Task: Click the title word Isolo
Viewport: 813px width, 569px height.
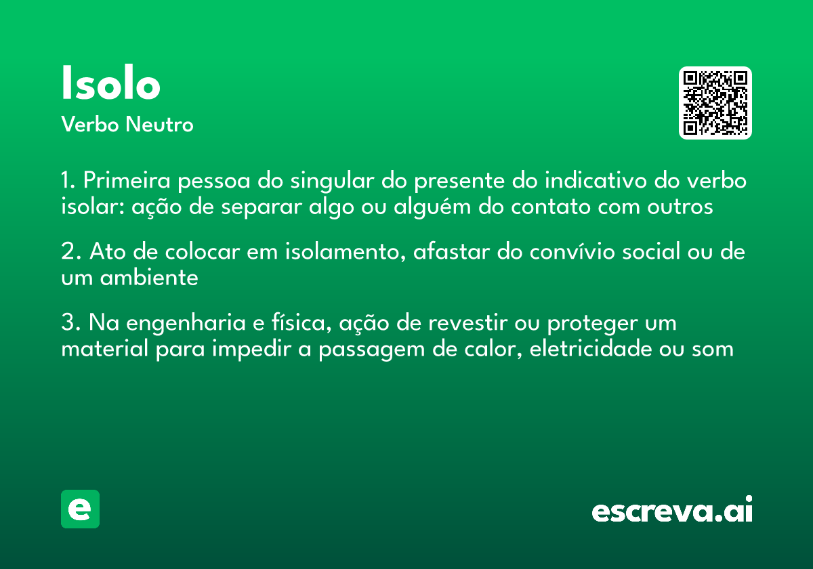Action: tap(110, 85)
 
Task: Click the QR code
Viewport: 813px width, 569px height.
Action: tap(715, 103)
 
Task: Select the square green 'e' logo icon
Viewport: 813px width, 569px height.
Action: tap(80, 509)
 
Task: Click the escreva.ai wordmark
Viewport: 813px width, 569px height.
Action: tap(672, 511)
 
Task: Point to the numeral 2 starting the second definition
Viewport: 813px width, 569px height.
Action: tap(68, 252)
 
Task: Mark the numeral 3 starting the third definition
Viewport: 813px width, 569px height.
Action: tap(68, 323)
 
